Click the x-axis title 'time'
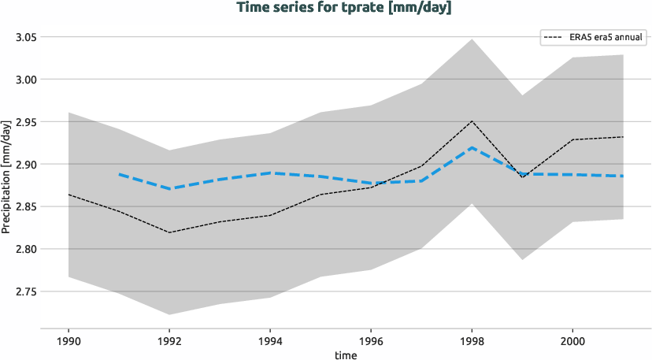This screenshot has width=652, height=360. [x=345, y=354]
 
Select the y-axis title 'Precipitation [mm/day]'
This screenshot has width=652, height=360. [x=6, y=178]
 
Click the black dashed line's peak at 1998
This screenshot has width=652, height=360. [x=472, y=121]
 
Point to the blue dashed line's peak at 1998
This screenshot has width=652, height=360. [x=472, y=147]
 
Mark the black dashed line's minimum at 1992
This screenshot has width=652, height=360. [x=170, y=232]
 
